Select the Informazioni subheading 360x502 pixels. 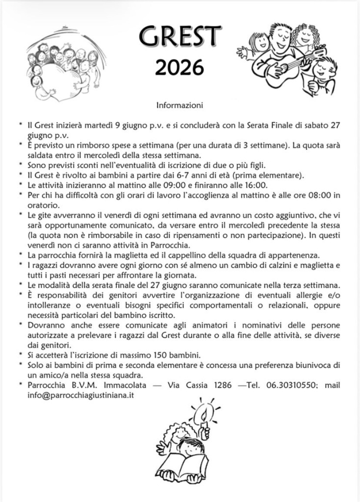pyautogui.click(x=180, y=105)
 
